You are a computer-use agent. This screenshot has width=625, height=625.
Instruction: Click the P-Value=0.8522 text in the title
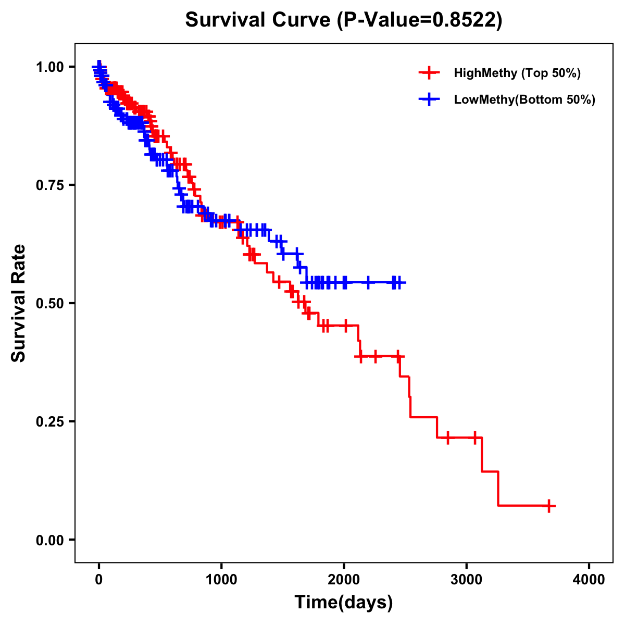click(x=420, y=20)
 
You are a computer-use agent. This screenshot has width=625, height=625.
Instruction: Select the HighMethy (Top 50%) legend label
click(x=517, y=73)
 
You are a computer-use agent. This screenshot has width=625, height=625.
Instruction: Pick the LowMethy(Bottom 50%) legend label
click(x=524, y=99)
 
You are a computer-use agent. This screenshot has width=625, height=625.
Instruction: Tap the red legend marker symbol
click(x=429, y=73)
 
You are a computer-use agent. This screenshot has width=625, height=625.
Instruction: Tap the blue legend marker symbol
click(x=429, y=99)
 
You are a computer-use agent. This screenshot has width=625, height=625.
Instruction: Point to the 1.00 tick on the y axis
click(x=49, y=67)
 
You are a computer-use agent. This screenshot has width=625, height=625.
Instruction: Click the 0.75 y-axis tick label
click(x=49, y=185)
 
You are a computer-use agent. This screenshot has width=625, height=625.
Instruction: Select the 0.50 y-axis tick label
click(x=49, y=303)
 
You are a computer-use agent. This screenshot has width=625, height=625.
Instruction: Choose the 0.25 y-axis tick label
click(x=49, y=421)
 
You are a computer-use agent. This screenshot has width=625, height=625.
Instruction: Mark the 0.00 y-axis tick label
click(x=49, y=540)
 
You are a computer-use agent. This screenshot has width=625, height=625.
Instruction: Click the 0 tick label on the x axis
click(x=99, y=580)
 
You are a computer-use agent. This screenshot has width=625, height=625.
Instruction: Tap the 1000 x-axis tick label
click(x=221, y=580)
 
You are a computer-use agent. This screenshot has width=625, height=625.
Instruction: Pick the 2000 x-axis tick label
click(x=344, y=580)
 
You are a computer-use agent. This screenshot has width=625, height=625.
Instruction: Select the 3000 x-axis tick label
click(x=467, y=580)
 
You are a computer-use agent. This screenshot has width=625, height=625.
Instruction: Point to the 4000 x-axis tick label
click(x=589, y=580)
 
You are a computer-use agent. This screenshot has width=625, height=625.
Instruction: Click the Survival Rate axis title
click(x=19, y=303)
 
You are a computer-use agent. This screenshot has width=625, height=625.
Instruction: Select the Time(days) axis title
click(x=344, y=603)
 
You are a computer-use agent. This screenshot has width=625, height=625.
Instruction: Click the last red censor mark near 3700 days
click(x=548, y=506)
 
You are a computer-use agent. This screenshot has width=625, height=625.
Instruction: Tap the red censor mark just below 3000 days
click(x=447, y=438)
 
